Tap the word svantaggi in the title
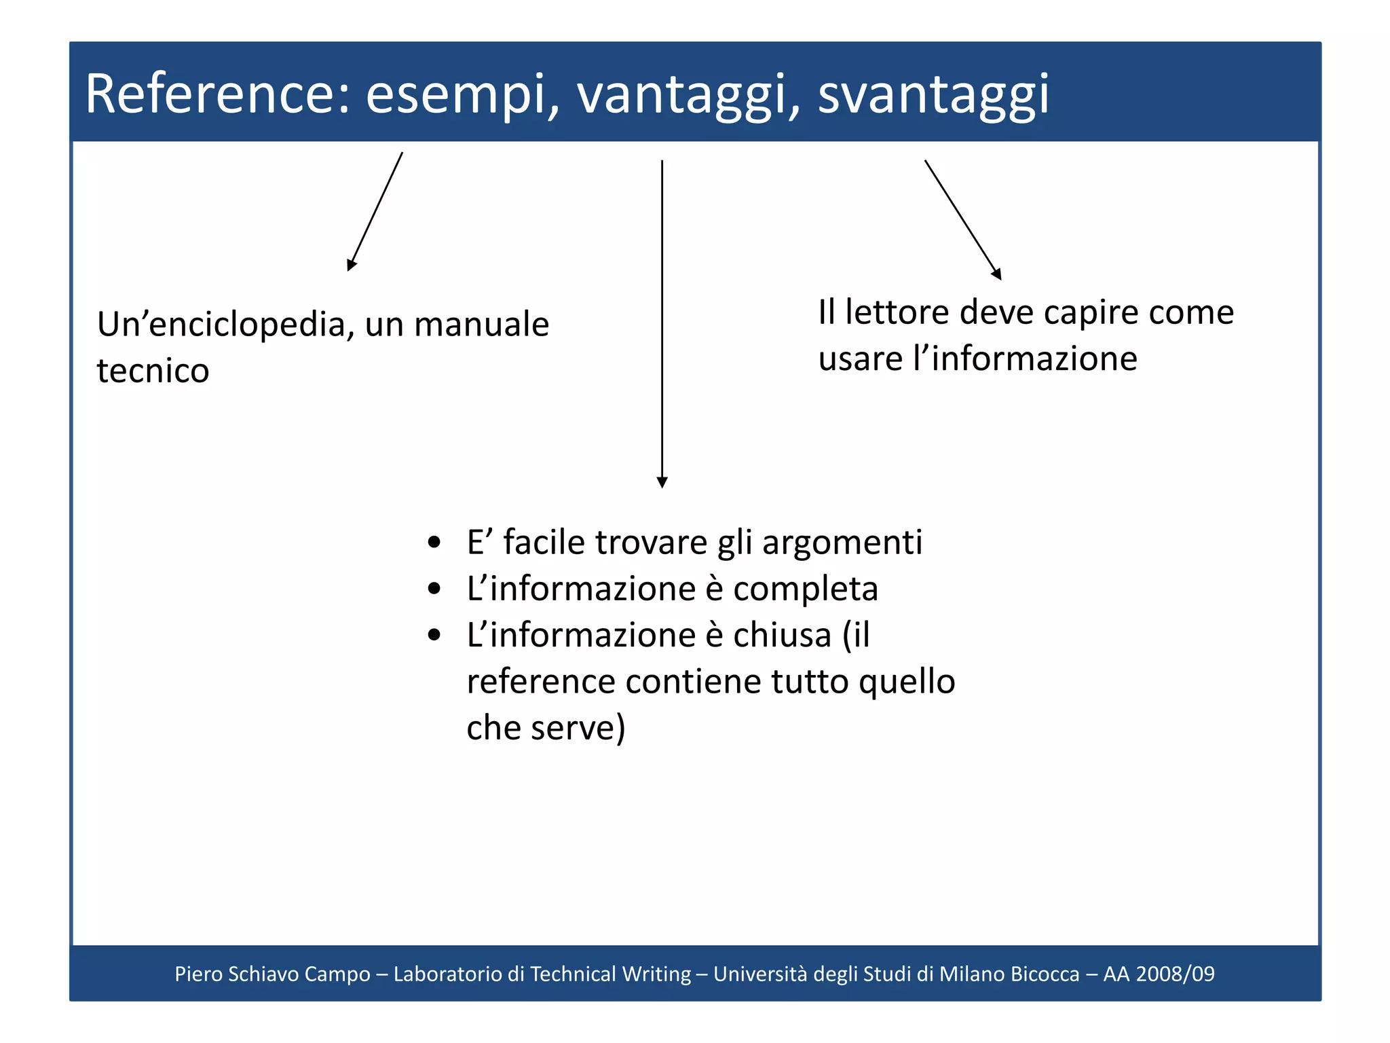(933, 95)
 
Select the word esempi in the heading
(456, 95)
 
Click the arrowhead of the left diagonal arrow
(351, 266)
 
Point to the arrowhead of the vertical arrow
(662, 482)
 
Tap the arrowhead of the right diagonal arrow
(997, 274)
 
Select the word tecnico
(153, 371)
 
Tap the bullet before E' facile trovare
(434, 543)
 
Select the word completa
(805, 589)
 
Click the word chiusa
(782, 636)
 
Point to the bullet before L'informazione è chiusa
(434, 636)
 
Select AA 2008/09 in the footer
(1159, 974)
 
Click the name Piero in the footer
(198, 974)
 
